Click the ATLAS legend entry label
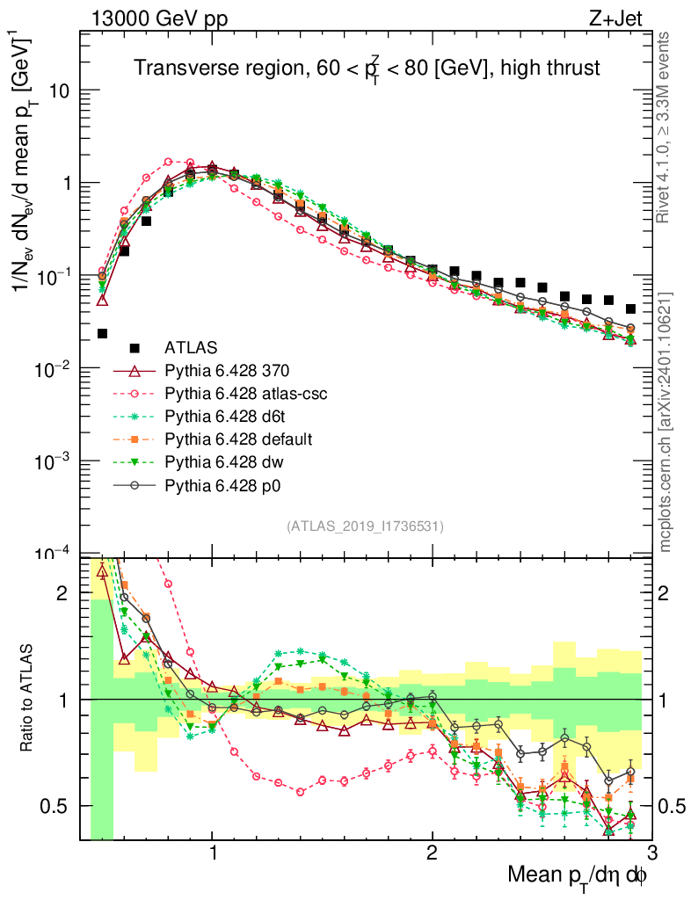[x=193, y=347]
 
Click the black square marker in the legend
[x=135, y=347]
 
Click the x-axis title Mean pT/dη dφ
[x=578, y=875]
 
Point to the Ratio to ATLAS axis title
[x=30, y=700]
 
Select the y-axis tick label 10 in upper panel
[x=58, y=91]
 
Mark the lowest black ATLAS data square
[x=102, y=333]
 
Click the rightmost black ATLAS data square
[x=630, y=308]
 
